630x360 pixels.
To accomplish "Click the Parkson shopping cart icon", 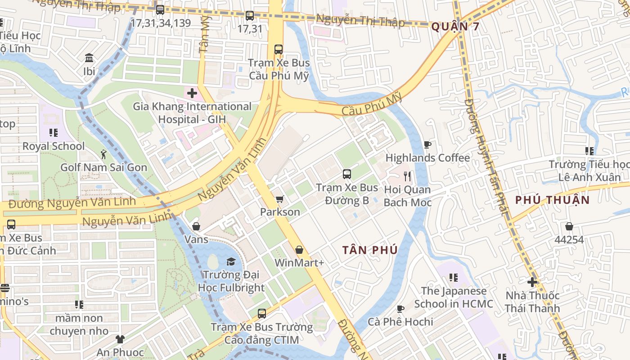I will [x=279, y=199].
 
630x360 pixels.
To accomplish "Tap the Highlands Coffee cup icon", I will [x=427, y=145].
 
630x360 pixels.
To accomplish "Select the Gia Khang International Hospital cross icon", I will [x=192, y=94].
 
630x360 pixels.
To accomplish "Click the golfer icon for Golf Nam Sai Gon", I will [x=103, y=154].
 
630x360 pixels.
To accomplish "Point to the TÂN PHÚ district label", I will [x=370, y=250].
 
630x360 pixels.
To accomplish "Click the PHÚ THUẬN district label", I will [x=552, y=200].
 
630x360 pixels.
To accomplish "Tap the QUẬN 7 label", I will [x=455, y=27].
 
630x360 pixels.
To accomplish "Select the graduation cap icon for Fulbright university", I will [x=231, y=262].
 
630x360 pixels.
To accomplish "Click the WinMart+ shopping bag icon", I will [x=299, y=250].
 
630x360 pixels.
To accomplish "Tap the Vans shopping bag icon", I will [x=196, y=226].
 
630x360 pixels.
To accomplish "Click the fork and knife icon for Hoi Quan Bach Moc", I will [x=407, y=176].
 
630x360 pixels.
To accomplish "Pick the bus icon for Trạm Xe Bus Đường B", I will [x=346, y=174].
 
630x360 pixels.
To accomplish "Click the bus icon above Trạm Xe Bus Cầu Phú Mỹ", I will [x=279, y=49].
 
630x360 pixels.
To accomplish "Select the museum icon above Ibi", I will [x=89, y=58].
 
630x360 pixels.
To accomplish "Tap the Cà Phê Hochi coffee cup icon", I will [x=400, y=309].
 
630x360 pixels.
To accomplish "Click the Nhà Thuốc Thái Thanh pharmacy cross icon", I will [x=532, y=282].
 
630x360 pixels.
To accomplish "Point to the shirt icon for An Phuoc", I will [x=120, y=339].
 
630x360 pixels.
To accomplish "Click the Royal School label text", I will [x=54, y=146].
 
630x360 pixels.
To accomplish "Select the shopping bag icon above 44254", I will [x=569, y=226].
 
